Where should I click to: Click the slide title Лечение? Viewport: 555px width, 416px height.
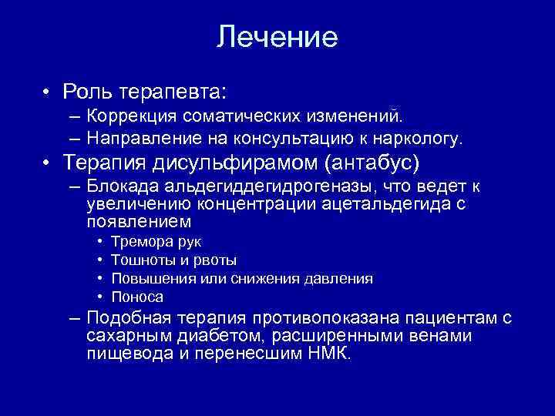(x=277, y=36)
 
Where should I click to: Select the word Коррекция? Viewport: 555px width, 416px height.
(x=132, y=116)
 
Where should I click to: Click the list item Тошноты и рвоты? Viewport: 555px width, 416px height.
(x=173, y=260)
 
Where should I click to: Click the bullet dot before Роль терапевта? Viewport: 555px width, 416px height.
(x=48, y=92)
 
